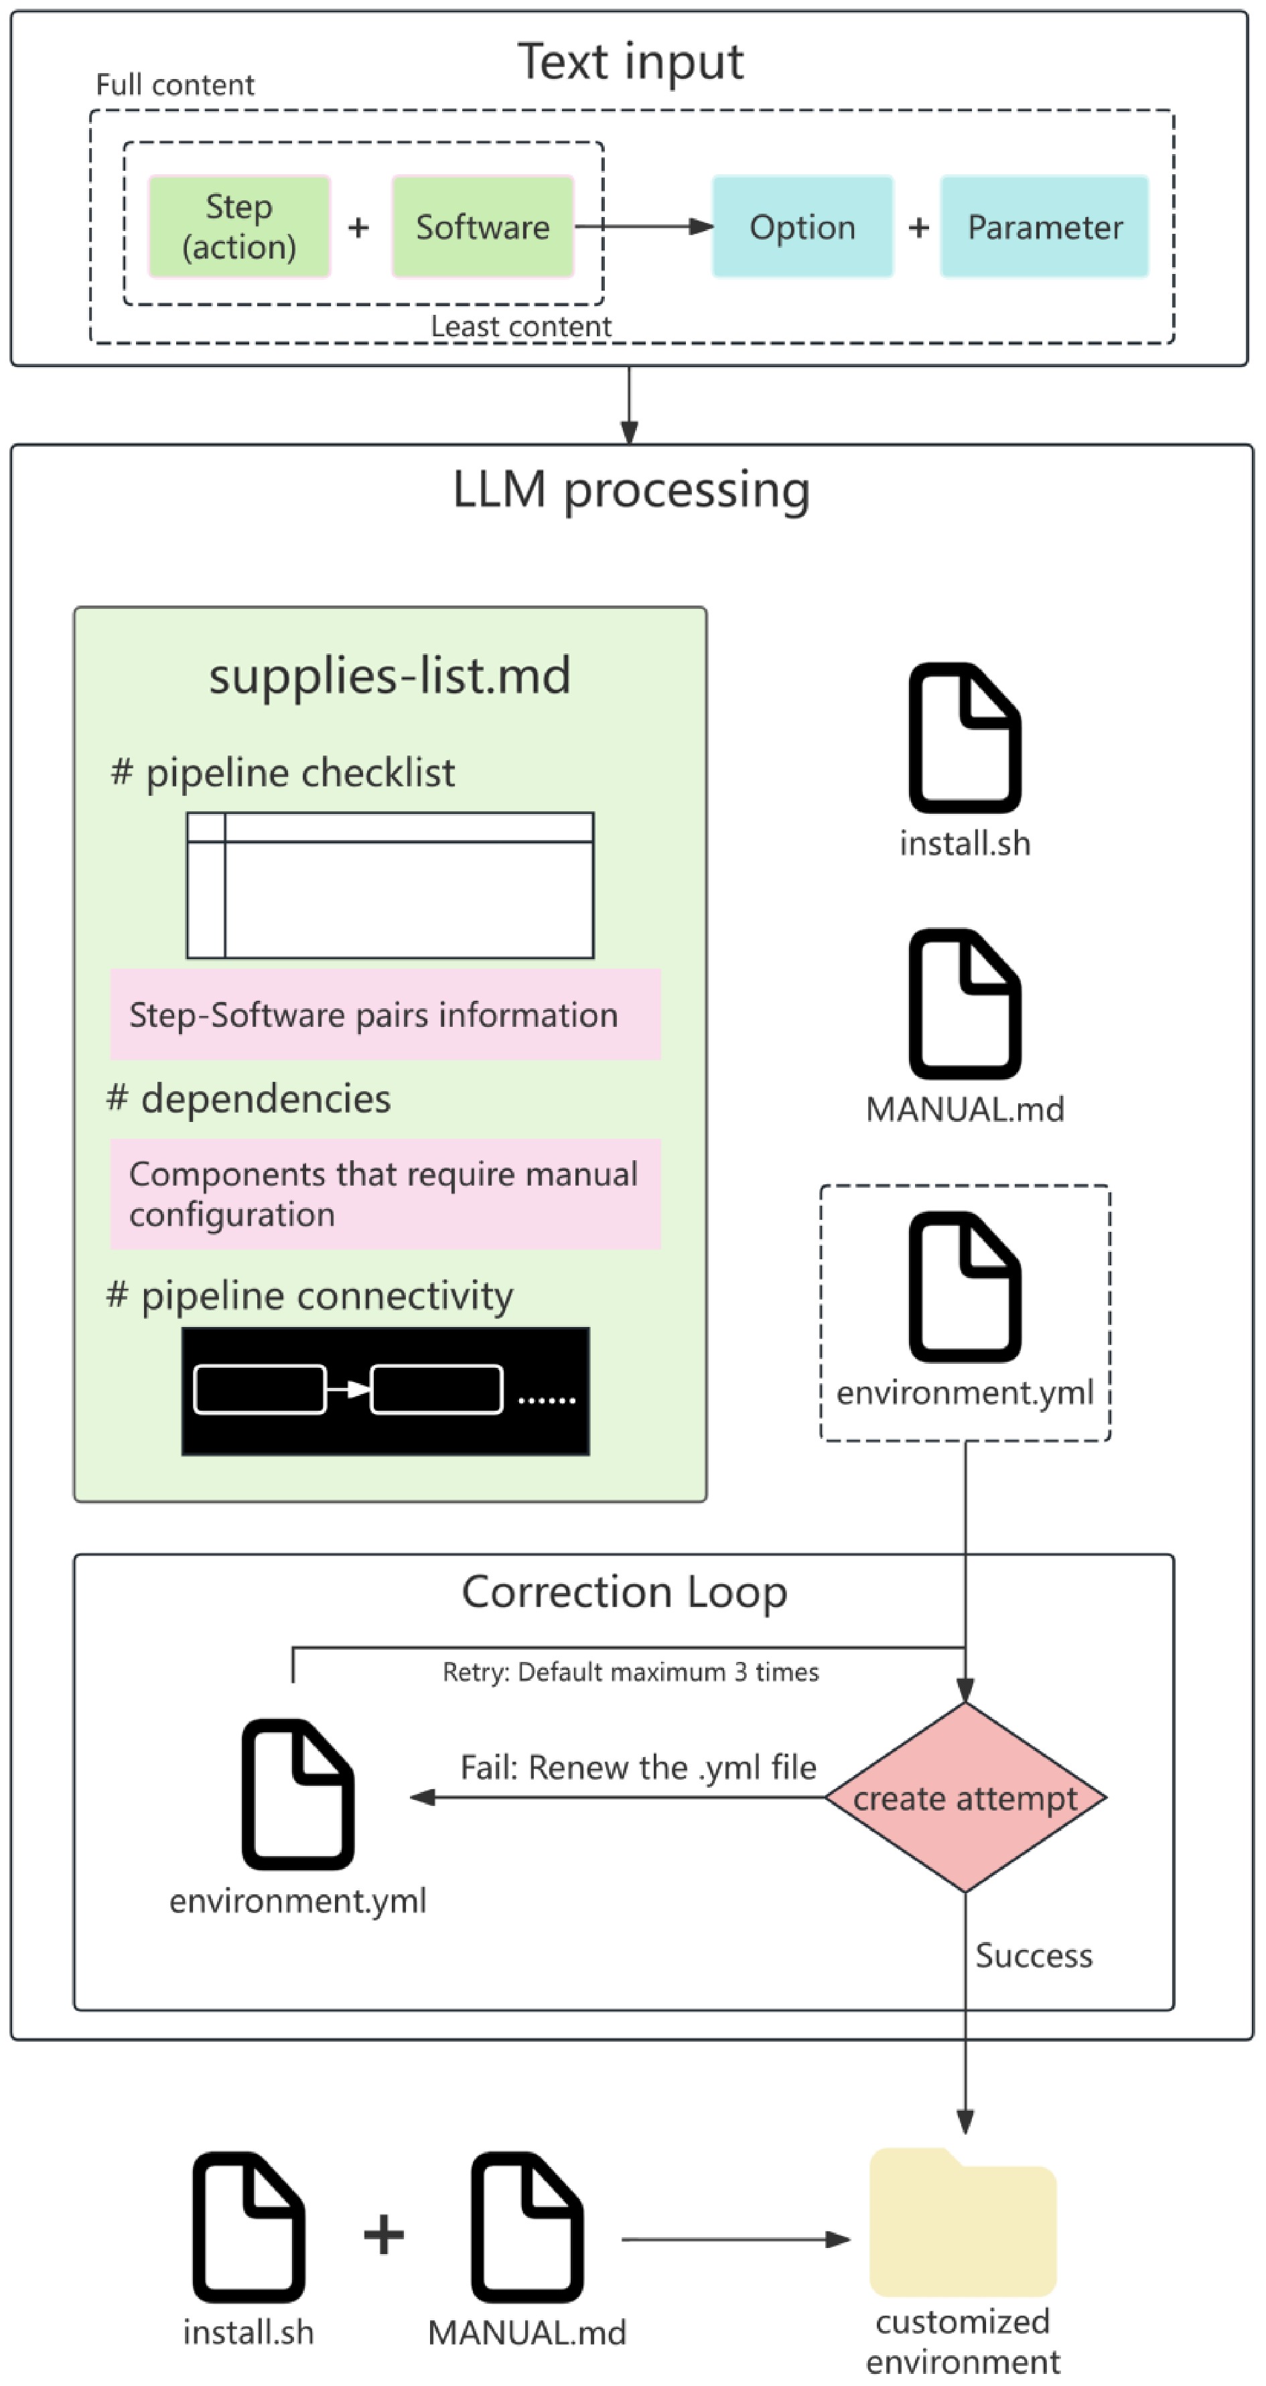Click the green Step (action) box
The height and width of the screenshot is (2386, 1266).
pyautogui.click(x=239, y=227)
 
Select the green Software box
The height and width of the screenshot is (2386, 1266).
pyautogui.click(x=482, y=227)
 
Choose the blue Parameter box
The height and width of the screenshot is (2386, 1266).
pyautogui.click(x=1045, y=227)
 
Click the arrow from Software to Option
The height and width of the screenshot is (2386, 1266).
pyautogui.click(x=644, y=227)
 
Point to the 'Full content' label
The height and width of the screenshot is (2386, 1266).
pyautogui.click(x=175, y=85)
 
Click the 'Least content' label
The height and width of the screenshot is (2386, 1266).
pyautogui.click(x=520, y=326)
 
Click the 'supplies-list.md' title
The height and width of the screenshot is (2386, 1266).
pyautogui.click(x=390, y=675)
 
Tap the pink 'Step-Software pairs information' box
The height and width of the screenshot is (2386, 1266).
pyautogui.click(x=385, y=1014)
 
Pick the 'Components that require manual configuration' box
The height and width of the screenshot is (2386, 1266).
pyautogui.click(x=385, y=1194)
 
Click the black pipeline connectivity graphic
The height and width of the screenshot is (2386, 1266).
pyautogui.click(x=385, y=1391)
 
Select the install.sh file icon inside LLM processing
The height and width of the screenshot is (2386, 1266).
pyautogui.click(x=965, y=738)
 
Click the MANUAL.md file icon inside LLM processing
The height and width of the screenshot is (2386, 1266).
pyautogui.click(x=965, y=1004)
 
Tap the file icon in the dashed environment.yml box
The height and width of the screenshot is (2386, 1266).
pyautogui.click(x=965, y=1287)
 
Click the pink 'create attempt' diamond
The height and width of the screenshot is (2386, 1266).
pyautogui.click(x=965, y=1798)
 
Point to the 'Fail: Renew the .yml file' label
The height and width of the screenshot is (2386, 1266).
pyautogui.click(x=639, y=1767)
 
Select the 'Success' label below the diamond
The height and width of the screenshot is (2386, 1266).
pyautogui.click(x=1034, y=1955)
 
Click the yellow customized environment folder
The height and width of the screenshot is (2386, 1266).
pyautogui.click(x=963, y=2222)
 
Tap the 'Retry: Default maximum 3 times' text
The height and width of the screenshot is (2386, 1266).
pyautogui.click(x=631, y=1672)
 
